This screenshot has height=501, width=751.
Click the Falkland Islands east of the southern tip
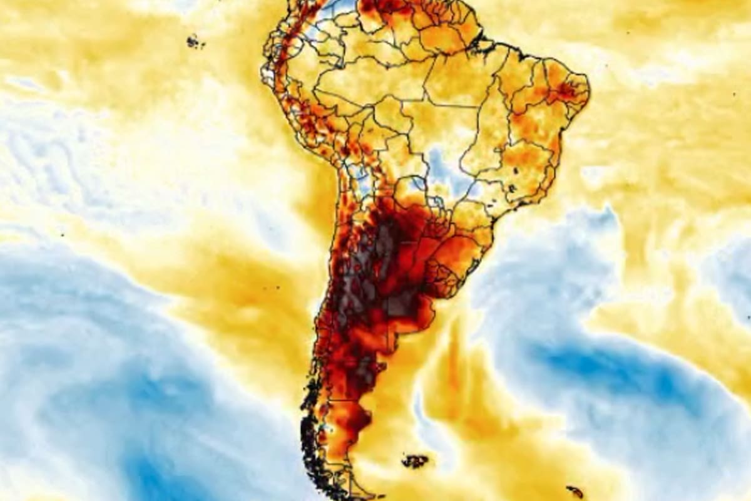click(415, 462)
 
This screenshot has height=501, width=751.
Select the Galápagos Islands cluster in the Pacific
click(195, 42)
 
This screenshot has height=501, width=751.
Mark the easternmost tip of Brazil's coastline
click(589, 94)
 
